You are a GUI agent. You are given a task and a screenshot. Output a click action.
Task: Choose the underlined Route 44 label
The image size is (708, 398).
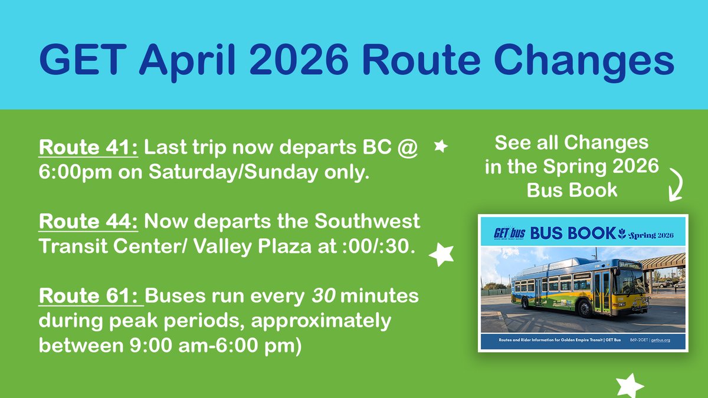88,222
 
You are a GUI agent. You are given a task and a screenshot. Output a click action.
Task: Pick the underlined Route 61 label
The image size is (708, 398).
90,295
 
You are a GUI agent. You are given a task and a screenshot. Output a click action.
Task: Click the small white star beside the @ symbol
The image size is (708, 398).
440,146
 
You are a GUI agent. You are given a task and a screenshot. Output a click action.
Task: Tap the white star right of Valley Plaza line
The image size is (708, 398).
441,254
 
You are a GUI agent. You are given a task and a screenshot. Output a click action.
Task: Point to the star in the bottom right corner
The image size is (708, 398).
630,386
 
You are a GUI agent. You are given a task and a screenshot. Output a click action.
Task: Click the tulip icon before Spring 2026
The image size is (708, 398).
621,233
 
